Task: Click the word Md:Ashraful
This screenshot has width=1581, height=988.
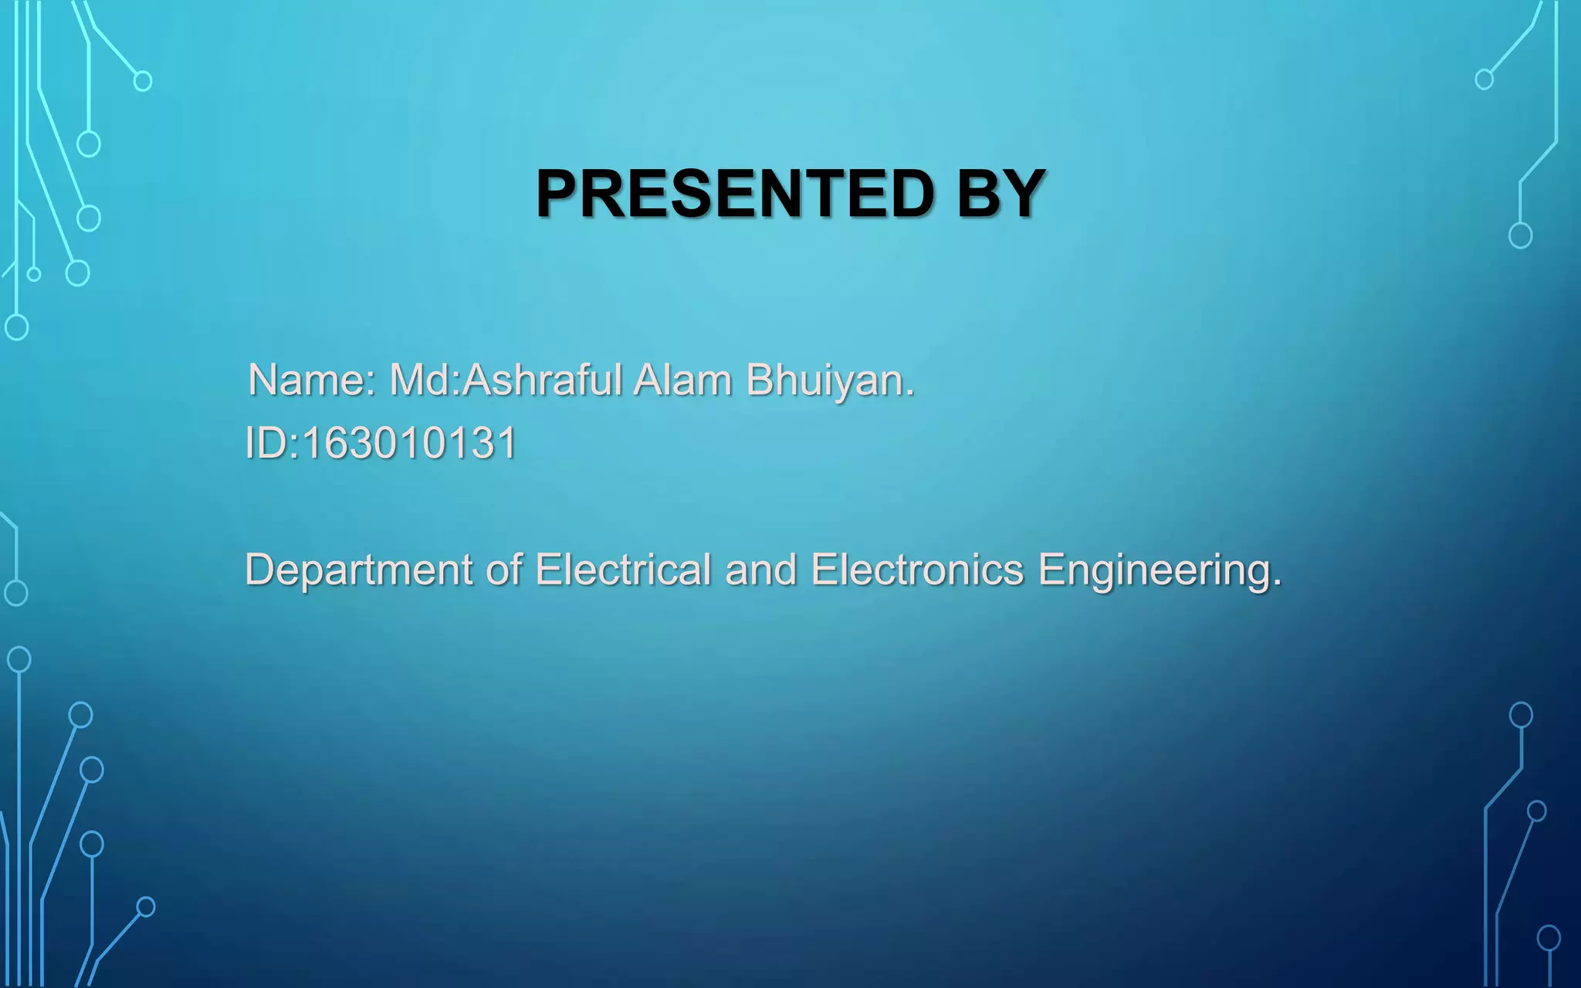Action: tap(506, 380)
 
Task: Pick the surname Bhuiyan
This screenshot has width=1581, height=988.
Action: tap(826, 380)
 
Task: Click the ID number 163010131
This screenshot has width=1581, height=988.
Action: tap(409, 444)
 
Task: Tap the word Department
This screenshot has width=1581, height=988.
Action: tap(357, 570)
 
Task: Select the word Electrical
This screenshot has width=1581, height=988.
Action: tap(623, 570)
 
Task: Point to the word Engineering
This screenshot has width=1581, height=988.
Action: tap(1155, 571)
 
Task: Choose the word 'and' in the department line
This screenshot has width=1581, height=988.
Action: tap(760, 570)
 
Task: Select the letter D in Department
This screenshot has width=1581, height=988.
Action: tap(259, 570)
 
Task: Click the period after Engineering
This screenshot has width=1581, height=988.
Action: tap(1277, 584)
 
